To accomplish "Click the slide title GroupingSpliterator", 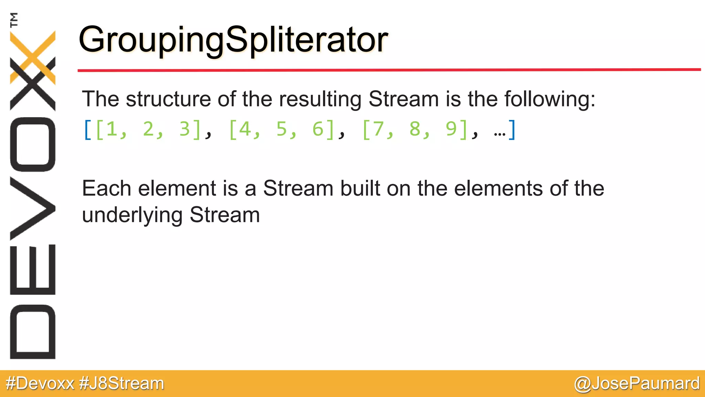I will click(233, 40).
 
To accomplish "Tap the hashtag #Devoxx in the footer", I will click(40, 383).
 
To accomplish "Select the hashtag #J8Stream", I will click(122, 383).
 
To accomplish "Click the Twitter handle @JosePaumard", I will click(636, 383).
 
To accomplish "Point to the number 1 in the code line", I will click(112, 129).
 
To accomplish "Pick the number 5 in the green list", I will click(282, 129).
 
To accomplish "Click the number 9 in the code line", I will click(451, 129).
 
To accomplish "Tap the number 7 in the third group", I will click(378, 129).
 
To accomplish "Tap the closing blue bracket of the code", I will click(512, 130).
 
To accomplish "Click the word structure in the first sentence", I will click(168, 99).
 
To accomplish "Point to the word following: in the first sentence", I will click(550, 99).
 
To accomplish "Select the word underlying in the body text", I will click(132, 215).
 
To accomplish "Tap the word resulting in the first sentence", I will click(320, 99).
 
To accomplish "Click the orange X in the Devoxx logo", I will click(33, 57).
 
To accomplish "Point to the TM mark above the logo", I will click(14, 20).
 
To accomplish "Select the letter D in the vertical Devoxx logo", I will click(33, 332).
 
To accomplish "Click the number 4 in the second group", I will click(245, 129).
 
